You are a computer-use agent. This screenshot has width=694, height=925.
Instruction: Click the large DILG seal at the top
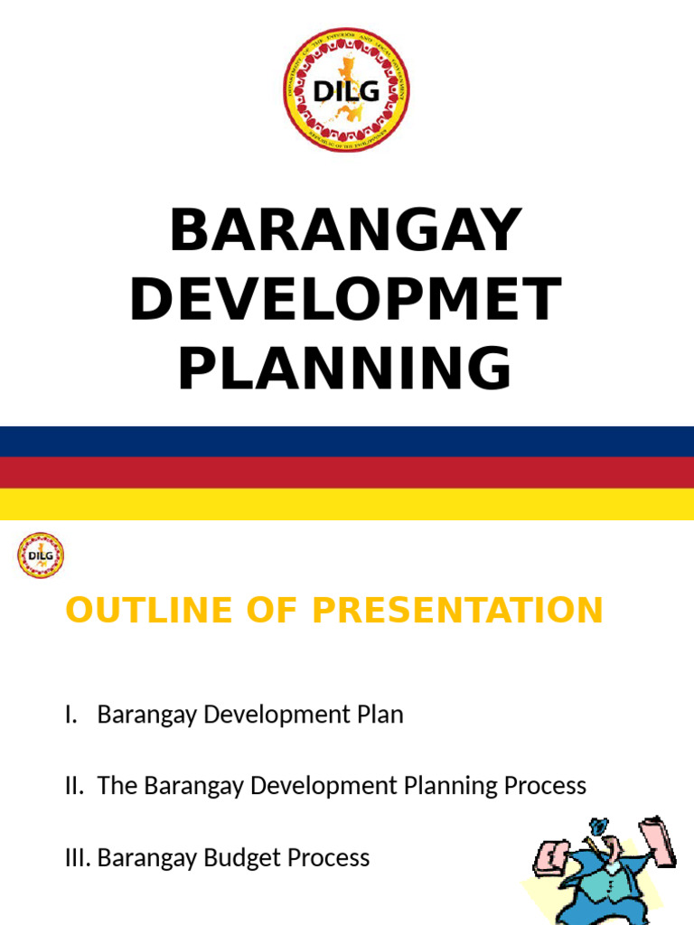click(x=346, y=89)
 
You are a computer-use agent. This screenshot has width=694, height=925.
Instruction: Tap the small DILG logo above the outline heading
click(x=41, y=555)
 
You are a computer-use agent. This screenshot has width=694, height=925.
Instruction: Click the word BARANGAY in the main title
click(x=346, y=230)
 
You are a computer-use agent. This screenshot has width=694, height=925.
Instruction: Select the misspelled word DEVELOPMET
click(x=346, y=300)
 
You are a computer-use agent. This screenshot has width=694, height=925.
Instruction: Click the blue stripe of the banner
click(x=346, y=442)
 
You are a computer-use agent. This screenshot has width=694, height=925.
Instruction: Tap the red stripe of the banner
click(x=346, y=472)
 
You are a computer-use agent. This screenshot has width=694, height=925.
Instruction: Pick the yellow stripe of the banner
click(x=346, y=504)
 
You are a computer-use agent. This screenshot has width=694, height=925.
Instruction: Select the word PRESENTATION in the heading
click(x=457, y=611)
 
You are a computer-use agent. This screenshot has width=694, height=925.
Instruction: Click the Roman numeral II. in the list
click(x=76, y=786)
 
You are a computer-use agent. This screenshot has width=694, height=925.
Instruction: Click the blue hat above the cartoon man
click(x=597, y=827)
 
